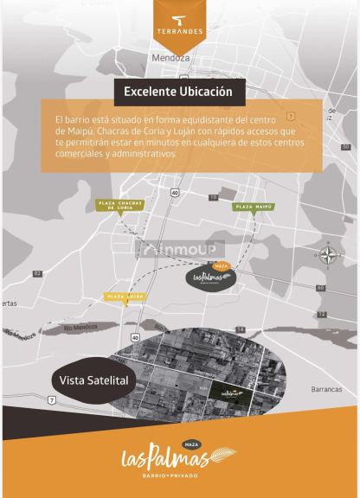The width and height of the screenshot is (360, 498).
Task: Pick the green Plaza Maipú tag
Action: (254, 207)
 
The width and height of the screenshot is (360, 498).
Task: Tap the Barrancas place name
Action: (325, 389)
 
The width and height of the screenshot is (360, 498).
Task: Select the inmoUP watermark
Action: (181, 251)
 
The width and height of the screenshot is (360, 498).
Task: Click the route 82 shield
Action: (37, 272)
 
